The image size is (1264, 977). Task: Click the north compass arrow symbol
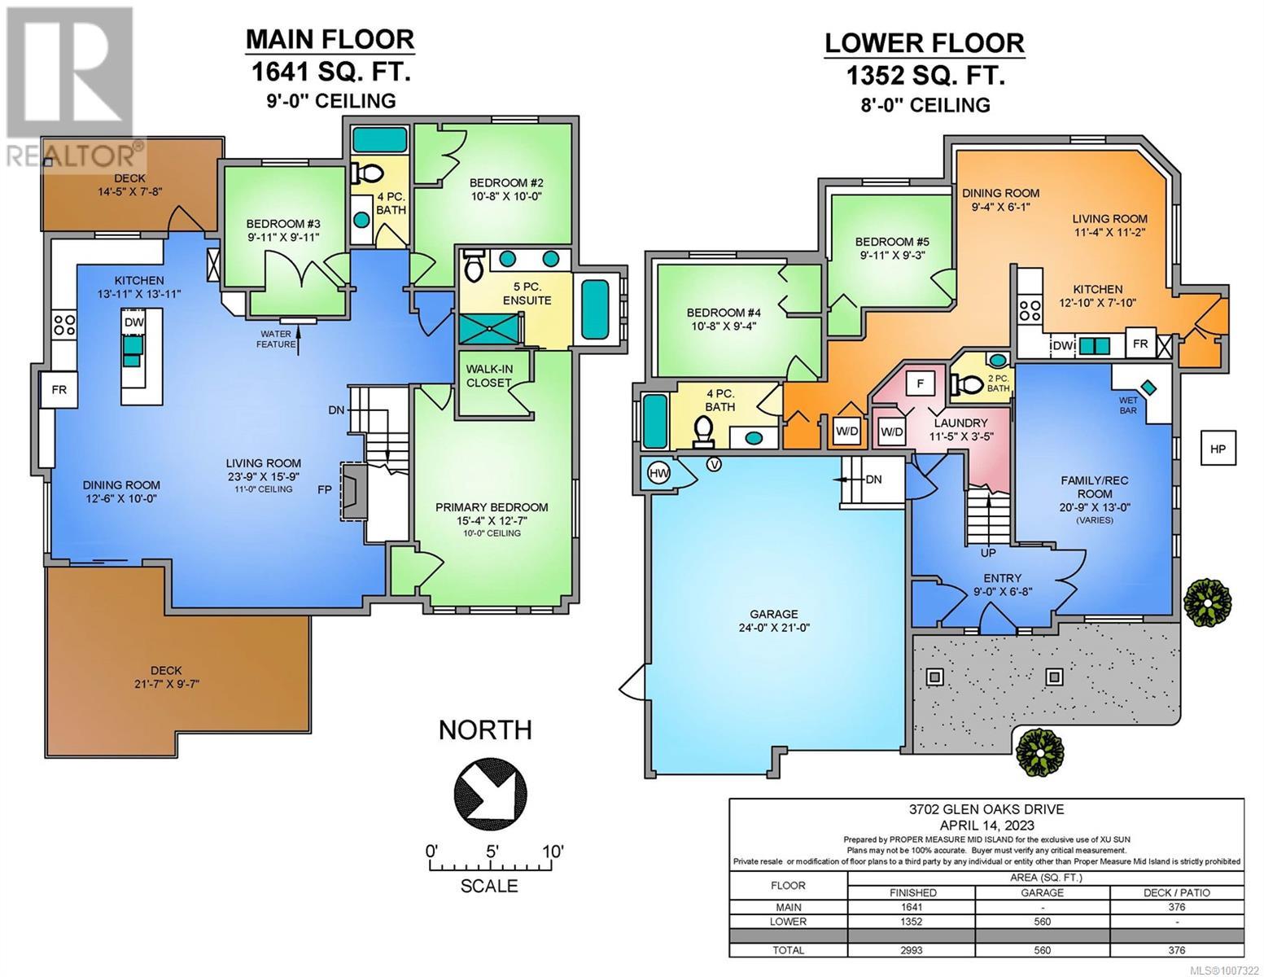(490, 793)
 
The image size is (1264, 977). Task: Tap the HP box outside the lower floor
(1218, 448)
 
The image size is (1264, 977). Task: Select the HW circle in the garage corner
(659, 474)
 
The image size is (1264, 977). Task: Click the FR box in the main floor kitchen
(59, 390)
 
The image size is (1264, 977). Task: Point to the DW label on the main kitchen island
(133, 322)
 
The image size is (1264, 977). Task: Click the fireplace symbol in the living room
(353, 490)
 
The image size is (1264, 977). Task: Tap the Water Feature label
(276, 339)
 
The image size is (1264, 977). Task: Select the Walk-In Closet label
(488, 376)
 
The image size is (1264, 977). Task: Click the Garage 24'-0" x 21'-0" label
(774, 620)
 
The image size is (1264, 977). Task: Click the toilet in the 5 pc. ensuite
(474, 266)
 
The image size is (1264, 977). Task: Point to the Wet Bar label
(1128, 405)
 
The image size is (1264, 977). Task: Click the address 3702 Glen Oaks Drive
(986, 809)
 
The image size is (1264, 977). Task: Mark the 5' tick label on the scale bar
(492, 852)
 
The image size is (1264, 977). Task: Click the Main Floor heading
(330, 40)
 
